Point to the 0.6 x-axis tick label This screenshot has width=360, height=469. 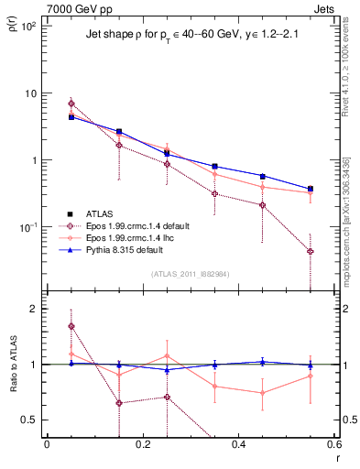(333, 444)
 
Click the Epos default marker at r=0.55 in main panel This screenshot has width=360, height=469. (311, 251)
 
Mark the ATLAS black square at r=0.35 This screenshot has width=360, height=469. (214, 167)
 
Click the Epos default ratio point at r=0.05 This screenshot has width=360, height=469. (71, 326)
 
